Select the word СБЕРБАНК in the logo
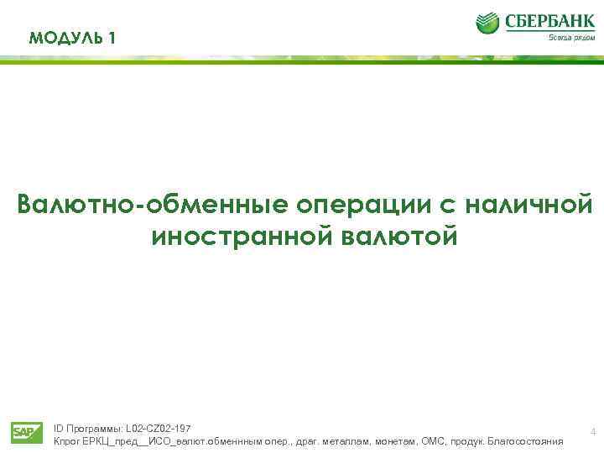(549, 20)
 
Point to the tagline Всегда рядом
(572, 37)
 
